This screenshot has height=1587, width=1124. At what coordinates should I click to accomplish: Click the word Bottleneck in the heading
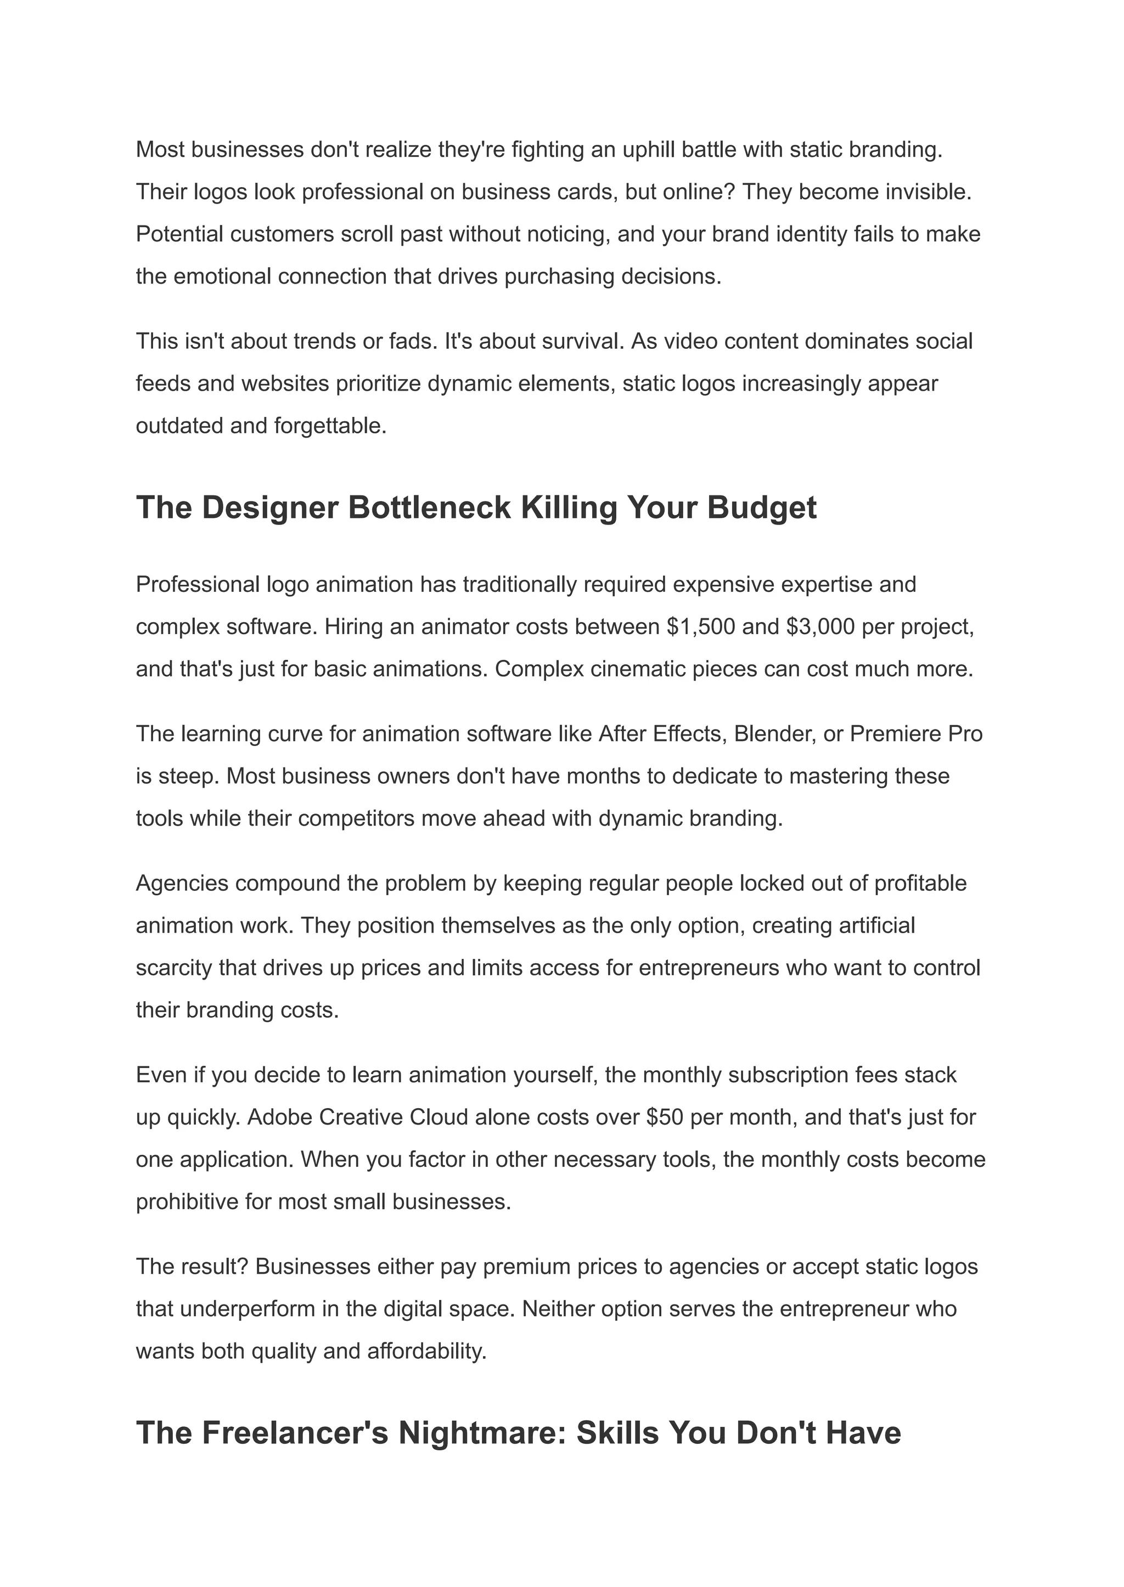pos(429,508)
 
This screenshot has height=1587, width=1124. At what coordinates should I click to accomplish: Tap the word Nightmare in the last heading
pos(482,1433)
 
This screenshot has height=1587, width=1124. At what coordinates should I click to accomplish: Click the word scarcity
pos(174,968)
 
